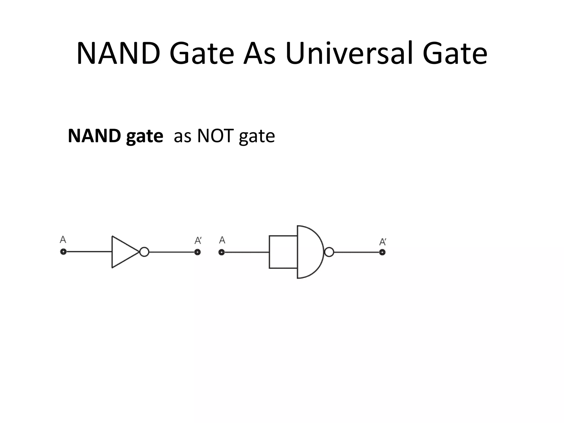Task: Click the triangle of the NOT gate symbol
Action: click(x=123, y=252)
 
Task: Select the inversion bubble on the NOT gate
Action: click(x=144, y=252)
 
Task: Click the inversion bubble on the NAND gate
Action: click(x=329, y=252)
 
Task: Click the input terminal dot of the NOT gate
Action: click(x=63, y=252)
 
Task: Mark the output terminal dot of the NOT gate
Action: click(x=197, y=252)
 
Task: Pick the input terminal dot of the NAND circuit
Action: click(x=222, y=252)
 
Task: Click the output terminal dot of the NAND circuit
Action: click(x=382, y=252)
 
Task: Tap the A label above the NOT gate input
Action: click(x=63, y=240)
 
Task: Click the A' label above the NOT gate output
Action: click(x=198, y=241)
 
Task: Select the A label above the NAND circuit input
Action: click(x=222, y=240)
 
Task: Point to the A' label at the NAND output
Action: click(x=383, y=242)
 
